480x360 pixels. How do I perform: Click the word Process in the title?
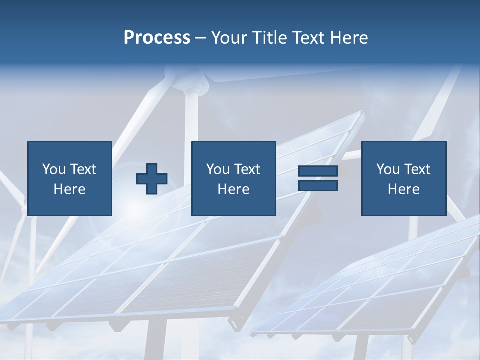pos(157,38)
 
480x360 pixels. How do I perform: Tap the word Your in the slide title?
pos(230,38)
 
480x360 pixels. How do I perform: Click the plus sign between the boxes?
pos(152,179)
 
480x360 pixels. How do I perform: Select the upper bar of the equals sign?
pos(318,172)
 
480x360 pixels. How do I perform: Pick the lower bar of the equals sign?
pos(318,186)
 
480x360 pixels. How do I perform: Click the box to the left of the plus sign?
pos(69,178)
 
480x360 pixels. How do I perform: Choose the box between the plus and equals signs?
pos(233,178)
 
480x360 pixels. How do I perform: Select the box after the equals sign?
pos(403,178)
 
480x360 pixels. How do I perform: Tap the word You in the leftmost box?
pos(54,169)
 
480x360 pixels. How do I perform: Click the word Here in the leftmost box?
pos(69,189)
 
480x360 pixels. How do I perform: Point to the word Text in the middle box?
pos(247,169)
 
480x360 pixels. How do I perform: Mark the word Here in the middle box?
pos(233,189)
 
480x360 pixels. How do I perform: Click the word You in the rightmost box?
pos(388,169)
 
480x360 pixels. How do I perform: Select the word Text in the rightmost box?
pos(417,169)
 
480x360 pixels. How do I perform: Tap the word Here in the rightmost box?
pos(403,189)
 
